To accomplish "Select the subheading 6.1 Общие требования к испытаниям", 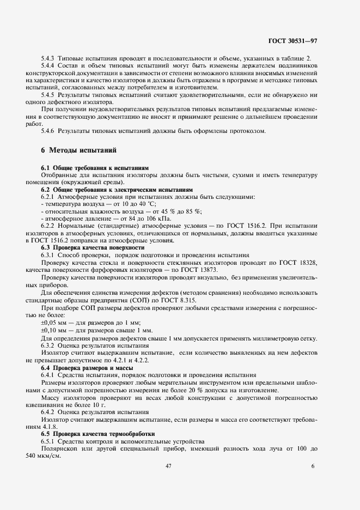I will (x=95, y=168).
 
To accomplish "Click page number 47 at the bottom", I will (x=168, y=466).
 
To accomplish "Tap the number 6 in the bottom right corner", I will (x=313, y=466).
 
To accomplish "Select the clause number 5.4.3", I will (x=50, y=58).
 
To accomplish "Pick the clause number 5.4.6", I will (x=50, y=131).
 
